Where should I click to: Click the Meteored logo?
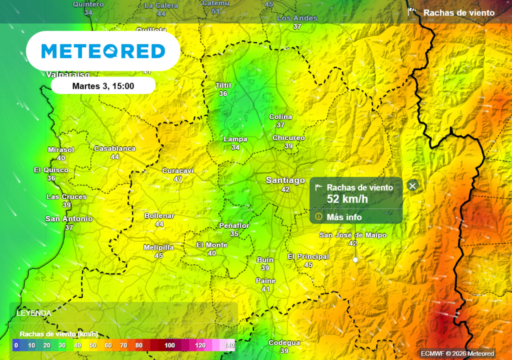click(103, 51)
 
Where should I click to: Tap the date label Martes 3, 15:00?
click(103, 86)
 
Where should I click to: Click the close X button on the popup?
click(412, 186)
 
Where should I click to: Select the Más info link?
click(344, 217)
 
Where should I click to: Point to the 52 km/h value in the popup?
click(347, 198)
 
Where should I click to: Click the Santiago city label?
click(285, 180)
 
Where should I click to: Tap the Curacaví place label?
click(178, 170)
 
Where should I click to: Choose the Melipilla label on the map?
click(158, 247)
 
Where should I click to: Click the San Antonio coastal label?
click(69, 219)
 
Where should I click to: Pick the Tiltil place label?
click(223, 85)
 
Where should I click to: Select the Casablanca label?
click(115, 148)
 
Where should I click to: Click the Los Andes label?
click(297, 18)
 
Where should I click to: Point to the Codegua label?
click(284, 342)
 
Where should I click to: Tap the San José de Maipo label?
click(353, 235)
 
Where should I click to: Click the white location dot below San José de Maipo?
click(355, 260)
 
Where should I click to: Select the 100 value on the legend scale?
click(170, 345)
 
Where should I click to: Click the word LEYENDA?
click(33, 313)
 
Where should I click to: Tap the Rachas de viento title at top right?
click(459, 13)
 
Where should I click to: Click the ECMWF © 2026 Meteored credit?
click(457, 353)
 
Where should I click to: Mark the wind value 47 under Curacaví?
click(178, 178)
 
